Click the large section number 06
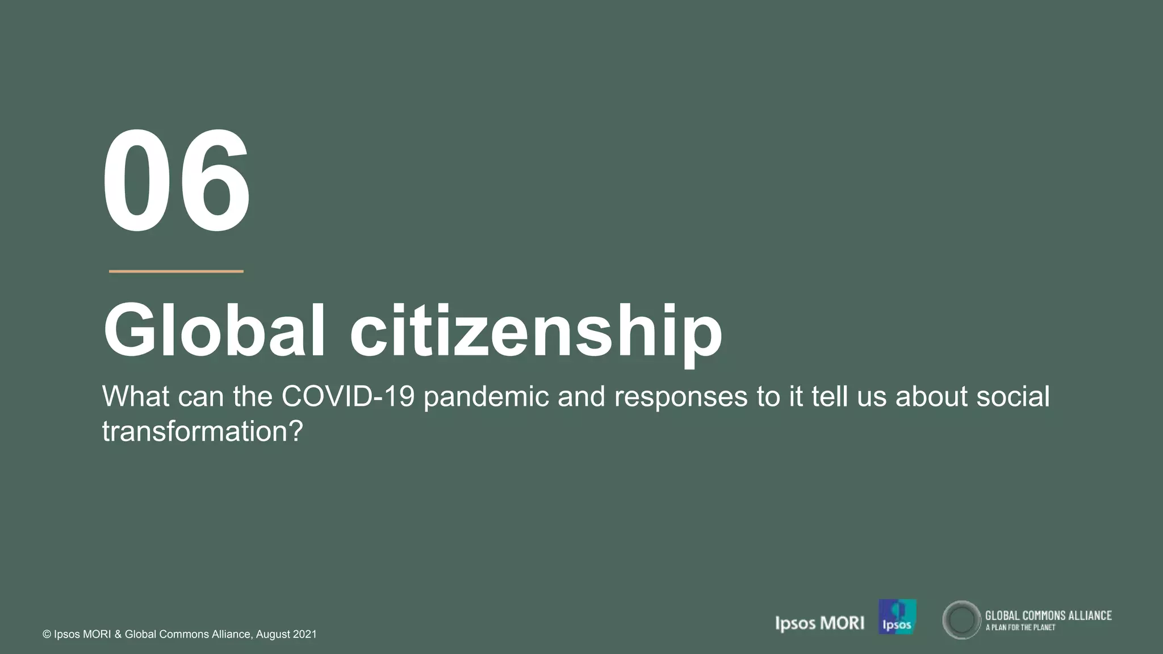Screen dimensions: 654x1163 click(x=176, y=181)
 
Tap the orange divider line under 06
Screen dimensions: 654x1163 click(x=176, y=271)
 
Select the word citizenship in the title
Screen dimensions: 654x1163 click(x=536, y=332)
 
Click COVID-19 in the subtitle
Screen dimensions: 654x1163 click(x=348, y=396)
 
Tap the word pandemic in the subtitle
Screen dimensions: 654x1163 click(x=486, y=397)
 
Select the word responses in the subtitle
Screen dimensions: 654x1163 click(x=681, y=397)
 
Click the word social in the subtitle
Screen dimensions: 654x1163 click(x=1013, y=396)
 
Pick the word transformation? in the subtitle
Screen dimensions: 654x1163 click(x=203, y=431)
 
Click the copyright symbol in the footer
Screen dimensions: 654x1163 click(x=47, y=635)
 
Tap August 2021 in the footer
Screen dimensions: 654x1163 click(x=286, y=635)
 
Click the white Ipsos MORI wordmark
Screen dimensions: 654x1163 click(x=819, y=623)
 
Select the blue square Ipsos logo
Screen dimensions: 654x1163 click(x=897, y=617)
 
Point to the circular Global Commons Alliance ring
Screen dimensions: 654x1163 click(x=961, y=620)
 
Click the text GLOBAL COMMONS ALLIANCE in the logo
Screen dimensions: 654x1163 click(x=1048, y=615)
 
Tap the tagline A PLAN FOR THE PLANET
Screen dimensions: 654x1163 click(x=1020, y=628)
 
